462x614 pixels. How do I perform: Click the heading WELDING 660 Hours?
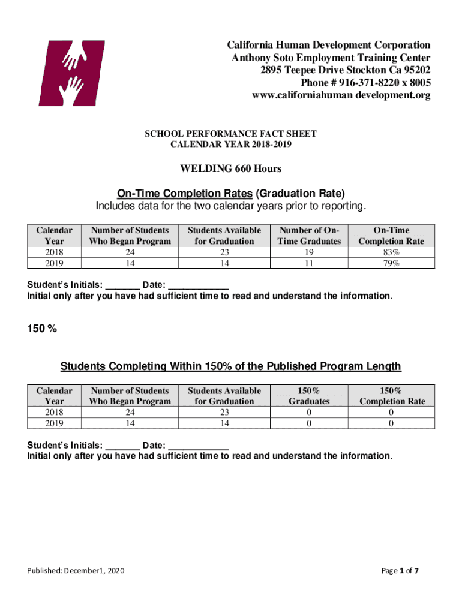(x=231, y=168)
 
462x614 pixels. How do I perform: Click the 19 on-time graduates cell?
(x=309, y=252)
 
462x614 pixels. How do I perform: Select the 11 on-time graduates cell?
(x=309, y=263)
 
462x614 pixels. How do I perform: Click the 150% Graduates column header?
(x=309, y=396)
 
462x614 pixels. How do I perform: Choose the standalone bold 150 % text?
(x=42, y=327)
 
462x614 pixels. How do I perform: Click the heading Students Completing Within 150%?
(x=231, y=366)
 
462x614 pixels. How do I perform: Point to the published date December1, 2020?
(x=76, y=571)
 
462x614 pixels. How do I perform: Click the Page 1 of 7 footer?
(x=400, y=571)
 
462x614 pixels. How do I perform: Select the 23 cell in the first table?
(x=224, y=252)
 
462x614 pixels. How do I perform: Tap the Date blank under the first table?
(x=198, y=285)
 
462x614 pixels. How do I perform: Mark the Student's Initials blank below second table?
(x=122, y=446)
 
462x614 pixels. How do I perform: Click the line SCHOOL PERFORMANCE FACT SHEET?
(x=230, y=134)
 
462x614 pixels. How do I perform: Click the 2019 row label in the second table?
(x=55, y=423)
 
